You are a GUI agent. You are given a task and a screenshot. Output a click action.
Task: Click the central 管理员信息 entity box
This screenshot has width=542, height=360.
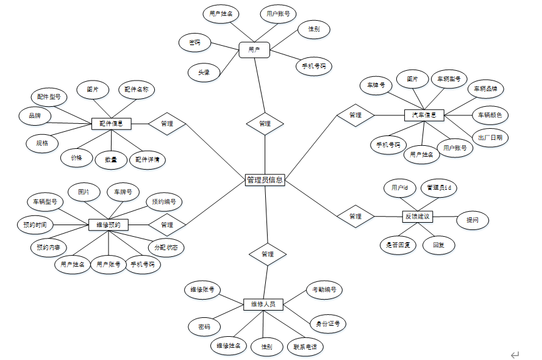tap(265, 180)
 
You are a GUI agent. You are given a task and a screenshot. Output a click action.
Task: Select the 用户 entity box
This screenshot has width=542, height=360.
tap(254, 50)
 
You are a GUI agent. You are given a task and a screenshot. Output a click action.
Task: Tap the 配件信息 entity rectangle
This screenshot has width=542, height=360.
tap(112, 123)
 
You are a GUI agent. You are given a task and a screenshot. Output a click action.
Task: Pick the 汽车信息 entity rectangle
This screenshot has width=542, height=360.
tap(424, 115)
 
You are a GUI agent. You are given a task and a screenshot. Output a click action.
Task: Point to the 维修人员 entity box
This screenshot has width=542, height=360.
tap(263, 304)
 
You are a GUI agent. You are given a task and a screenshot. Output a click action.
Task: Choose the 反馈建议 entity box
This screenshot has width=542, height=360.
tap(418, 216)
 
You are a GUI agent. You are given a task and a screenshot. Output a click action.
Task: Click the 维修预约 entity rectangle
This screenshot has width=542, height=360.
tap(109, 225)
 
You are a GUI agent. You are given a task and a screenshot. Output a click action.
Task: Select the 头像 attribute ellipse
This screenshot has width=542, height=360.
tap(204, 72)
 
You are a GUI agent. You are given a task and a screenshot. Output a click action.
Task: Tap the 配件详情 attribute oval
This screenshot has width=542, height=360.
tap(148, 159)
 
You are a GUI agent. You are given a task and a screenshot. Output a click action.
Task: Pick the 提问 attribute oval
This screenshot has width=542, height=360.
tap(472, 220)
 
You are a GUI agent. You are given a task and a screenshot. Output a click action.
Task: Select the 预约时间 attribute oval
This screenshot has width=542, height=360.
tap(35, 225)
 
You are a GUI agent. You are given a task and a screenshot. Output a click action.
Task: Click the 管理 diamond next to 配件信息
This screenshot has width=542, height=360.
tap(166, 123)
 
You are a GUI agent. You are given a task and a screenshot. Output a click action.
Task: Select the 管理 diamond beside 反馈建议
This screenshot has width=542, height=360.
tap(355, 216)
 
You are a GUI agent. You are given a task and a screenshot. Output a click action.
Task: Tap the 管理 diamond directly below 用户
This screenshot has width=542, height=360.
tap(265, 123)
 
